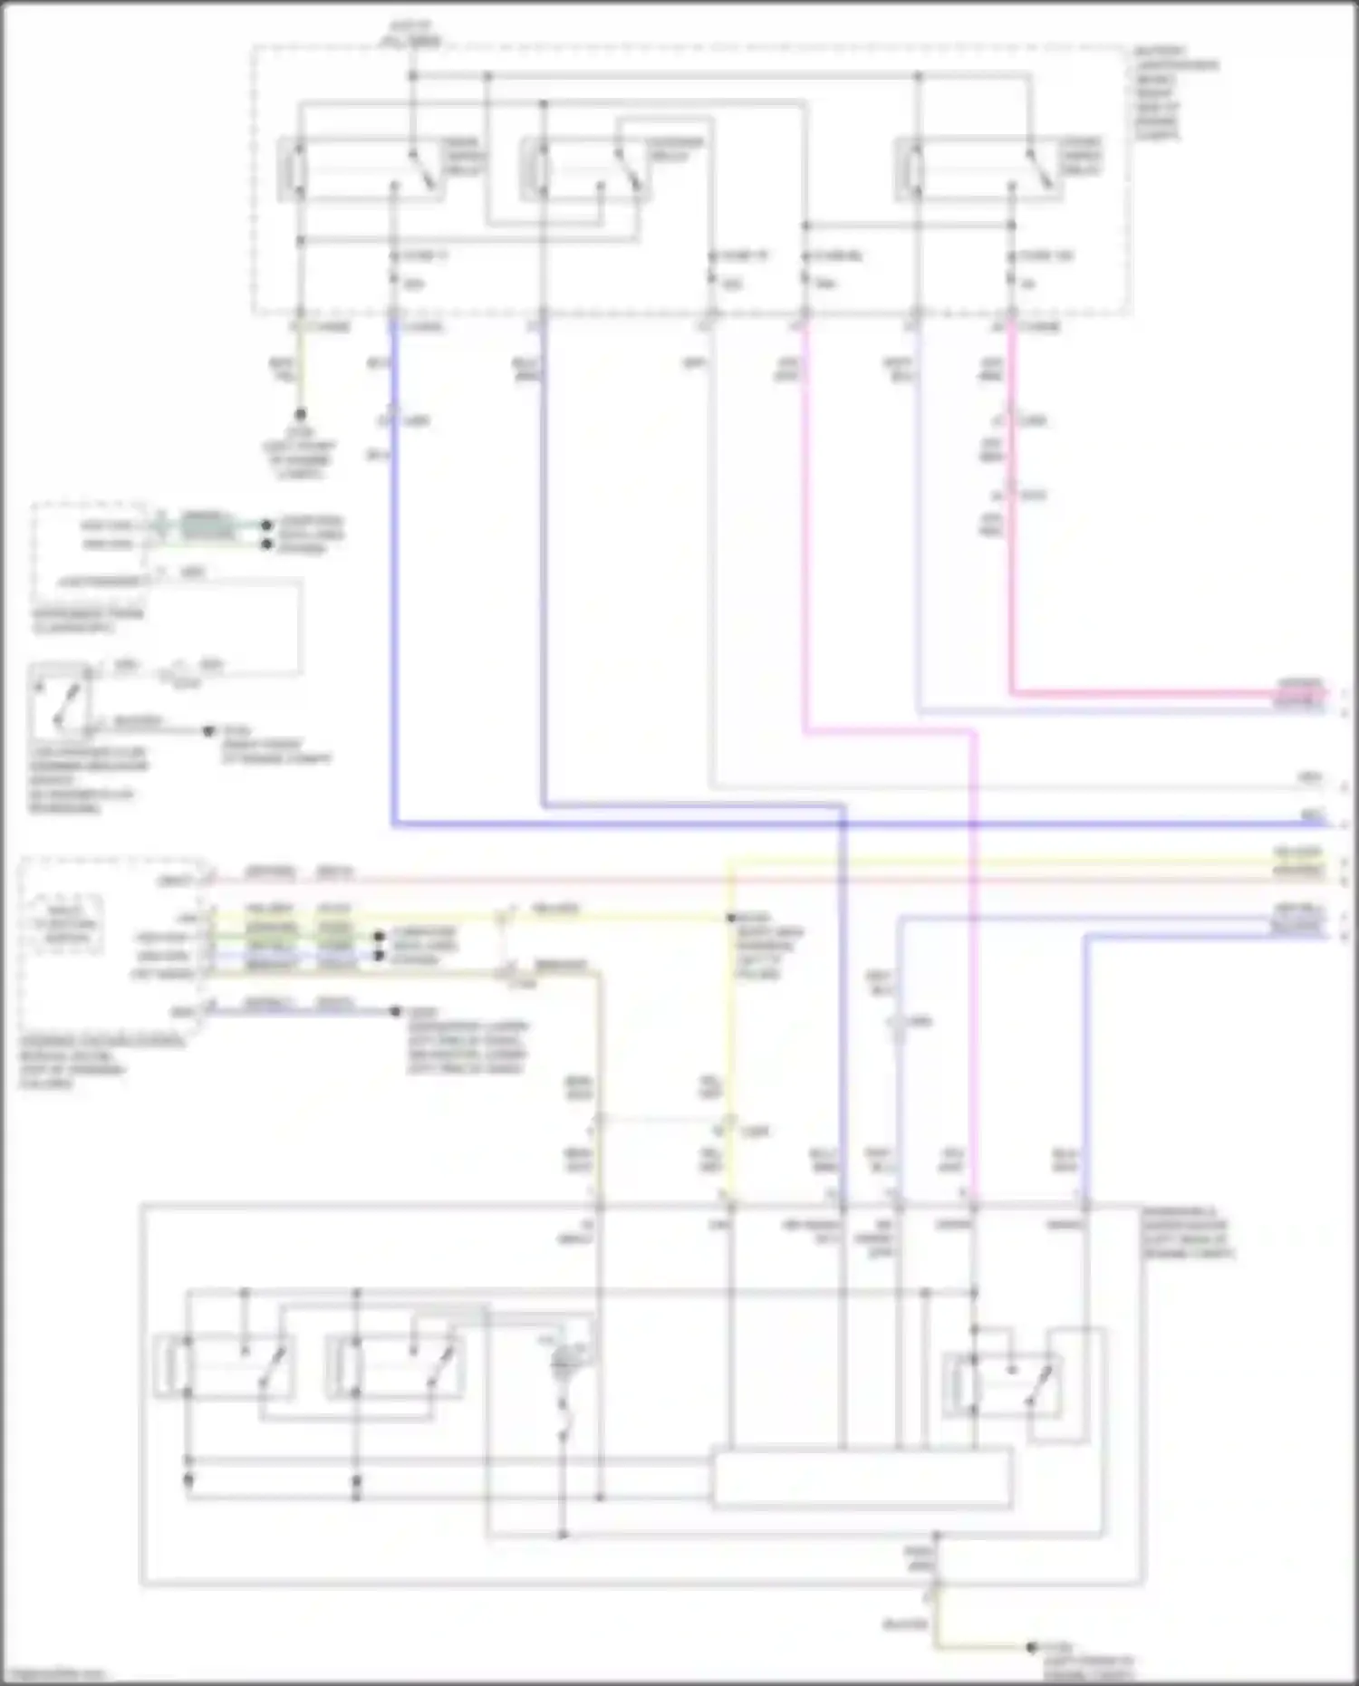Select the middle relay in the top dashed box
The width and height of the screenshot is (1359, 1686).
pos(584,169)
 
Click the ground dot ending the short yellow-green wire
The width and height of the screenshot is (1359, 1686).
pos(300,415)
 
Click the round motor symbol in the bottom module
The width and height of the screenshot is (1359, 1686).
pos(566,1358)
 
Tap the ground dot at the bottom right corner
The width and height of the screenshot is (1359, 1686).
pos(1031,1647)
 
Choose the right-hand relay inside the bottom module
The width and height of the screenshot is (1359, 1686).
pos(1001,1384)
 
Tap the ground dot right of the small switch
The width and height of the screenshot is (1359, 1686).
pos(209,730)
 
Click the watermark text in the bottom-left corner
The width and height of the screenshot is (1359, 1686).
pos(54,1674)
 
